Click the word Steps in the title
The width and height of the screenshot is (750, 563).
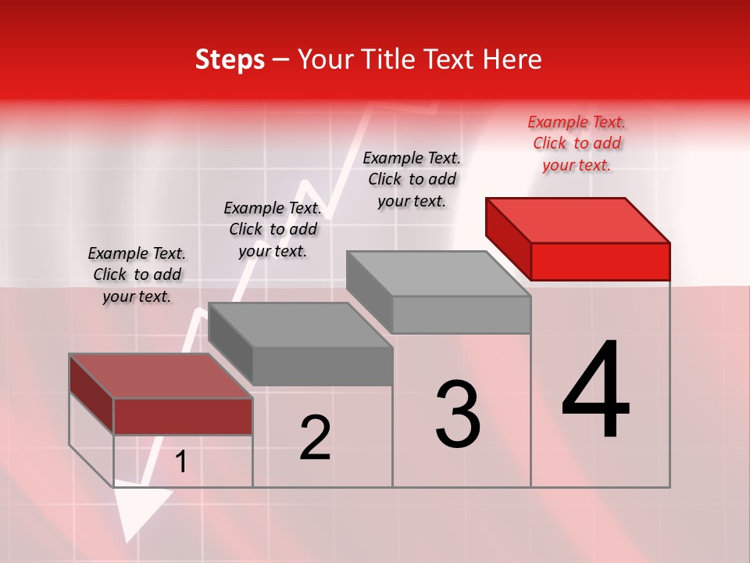pos(230,60)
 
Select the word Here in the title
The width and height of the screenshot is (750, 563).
pos(512,59)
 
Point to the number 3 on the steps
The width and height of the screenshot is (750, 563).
pos(458,414)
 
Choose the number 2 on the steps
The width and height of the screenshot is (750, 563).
pos(315,437)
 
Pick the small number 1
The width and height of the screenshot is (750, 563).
pos(181,462)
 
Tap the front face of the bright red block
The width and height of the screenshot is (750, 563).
pos(600,261)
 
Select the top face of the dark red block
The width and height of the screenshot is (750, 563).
pos(160,376)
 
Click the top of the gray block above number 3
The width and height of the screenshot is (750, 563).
pos(439,274)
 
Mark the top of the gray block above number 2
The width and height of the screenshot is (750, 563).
pos(300,325)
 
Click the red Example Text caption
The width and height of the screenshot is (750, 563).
pos(577,143)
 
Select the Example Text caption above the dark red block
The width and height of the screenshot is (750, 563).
pos(137,274)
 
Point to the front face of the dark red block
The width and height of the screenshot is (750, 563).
pos(183,416)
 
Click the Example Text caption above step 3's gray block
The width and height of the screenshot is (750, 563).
pos(412,179)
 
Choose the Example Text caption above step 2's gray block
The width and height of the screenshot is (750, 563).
pos(273,229)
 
